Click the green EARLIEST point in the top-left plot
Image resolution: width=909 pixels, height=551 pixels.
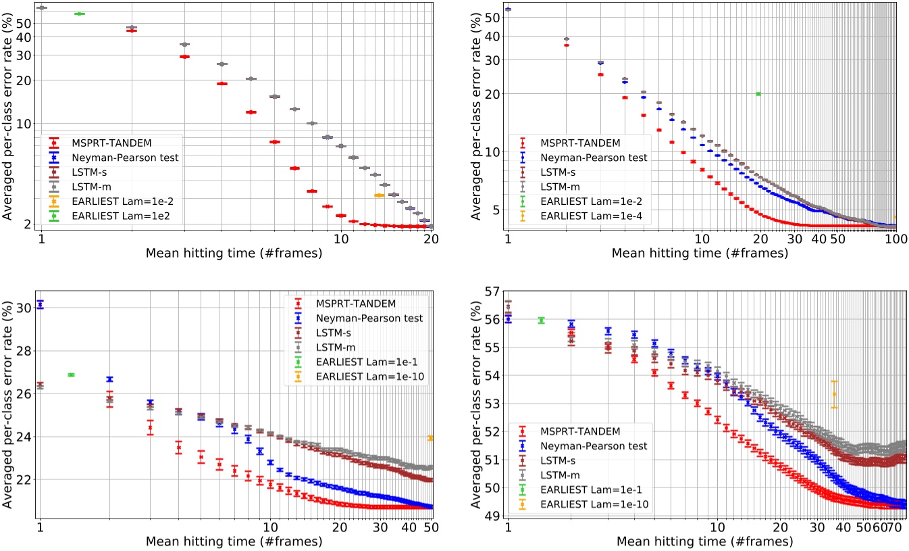pos(79,14)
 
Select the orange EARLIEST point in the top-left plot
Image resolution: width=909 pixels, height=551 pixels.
pos(379,195)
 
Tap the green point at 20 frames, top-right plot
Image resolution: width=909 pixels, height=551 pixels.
pos(758,94)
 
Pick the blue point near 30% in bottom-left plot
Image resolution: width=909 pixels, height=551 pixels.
pos(40,305)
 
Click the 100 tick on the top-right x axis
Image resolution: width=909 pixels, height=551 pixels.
pos(895,240)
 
